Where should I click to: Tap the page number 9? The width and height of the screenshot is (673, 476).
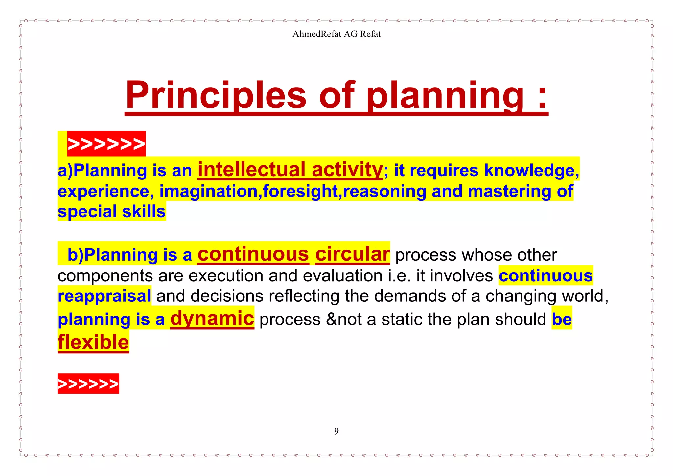[x=336, y=431]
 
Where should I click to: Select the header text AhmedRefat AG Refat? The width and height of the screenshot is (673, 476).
[x=336, y=34]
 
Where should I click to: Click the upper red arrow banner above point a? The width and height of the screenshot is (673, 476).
[x=106, y=144]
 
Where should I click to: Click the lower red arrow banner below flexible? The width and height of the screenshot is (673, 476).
[x=88, y=384]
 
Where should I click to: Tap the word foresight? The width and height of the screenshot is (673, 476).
[x=300, y=191]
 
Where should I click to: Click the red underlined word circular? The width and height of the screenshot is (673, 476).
[x=352, y=254]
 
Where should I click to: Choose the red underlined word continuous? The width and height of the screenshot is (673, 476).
[x=253, y=254]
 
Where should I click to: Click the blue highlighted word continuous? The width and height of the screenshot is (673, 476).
[x=545, y=275]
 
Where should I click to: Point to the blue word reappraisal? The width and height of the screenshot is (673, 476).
[x=104, y=296]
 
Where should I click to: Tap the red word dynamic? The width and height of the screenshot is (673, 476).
[x=212, y=318]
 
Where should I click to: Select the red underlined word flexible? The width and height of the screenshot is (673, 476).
[x=93, y=343]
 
